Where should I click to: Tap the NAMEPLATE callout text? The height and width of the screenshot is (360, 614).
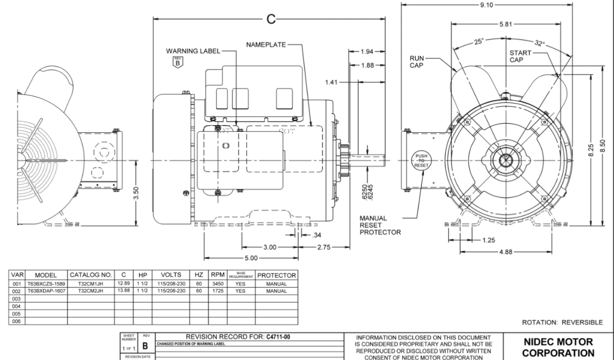(x=266, y=45)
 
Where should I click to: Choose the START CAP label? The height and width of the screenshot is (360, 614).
(x=520, y=57)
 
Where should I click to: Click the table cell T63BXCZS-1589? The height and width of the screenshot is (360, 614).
(x=47, y=284)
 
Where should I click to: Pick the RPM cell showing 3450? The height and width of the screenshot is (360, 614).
(x=214, y=284)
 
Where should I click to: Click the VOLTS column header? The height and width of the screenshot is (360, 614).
(x=171, y=276)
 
